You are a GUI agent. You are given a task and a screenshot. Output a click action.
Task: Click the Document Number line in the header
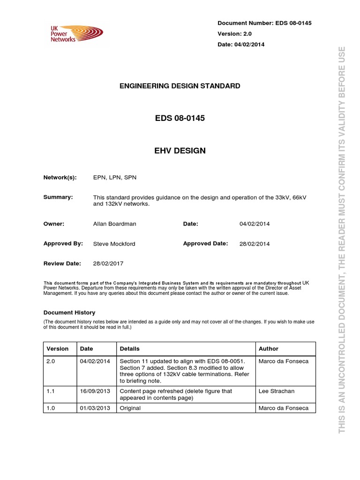tap(265, 23)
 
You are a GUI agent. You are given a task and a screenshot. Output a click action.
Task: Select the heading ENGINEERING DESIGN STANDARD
tap(180, 86)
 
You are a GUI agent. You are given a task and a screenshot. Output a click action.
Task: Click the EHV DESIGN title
tap(180, 150)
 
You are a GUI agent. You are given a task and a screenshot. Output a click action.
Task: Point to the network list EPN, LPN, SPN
tap(115, 178)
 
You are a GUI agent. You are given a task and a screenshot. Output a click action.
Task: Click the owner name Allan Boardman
tap(115, 224)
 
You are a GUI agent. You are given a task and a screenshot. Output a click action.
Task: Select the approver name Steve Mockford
tap(114, 244)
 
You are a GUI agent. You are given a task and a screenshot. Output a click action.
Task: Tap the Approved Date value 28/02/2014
tap(255, 244)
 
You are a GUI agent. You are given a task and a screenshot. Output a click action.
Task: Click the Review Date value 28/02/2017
tap(108, 263)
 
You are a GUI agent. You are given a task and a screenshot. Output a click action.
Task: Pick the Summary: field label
tap(58, 197)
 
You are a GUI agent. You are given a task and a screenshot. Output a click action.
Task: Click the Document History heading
tap(69, 312)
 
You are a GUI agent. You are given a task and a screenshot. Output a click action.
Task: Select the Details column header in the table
tap(130, 349)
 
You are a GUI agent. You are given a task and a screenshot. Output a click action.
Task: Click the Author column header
tap(269, 349)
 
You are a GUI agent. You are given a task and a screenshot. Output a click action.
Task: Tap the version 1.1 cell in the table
tap(51, 391)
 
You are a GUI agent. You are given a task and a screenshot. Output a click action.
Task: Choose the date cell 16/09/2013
tap(95, 391)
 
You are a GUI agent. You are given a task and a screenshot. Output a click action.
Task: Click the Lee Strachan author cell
tap(277, 391)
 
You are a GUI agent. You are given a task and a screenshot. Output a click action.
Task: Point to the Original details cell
tap(130, 408)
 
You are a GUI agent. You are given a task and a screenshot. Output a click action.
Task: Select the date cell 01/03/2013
tap(95, 408)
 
